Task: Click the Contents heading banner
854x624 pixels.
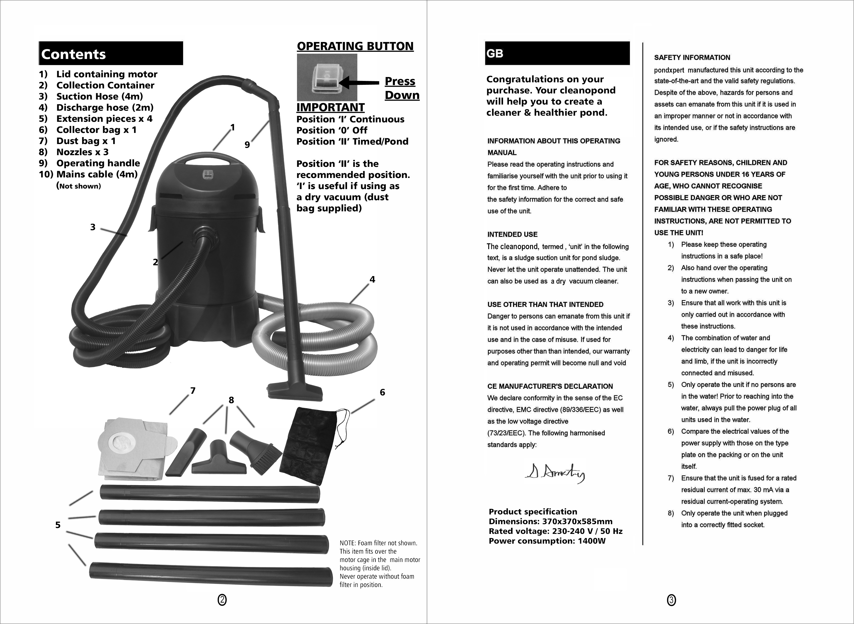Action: [x=111, y=54]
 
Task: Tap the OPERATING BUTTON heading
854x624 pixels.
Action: [x=355, y=46]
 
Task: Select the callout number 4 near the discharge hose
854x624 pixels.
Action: [x=372, y=279]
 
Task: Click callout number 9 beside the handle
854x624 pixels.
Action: [x=247, y=145]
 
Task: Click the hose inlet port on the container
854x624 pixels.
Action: [x=206, y=235]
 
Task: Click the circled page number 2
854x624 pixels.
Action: [x=222, y=600]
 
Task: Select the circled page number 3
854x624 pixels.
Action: [x=671, y=600]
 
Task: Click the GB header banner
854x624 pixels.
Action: [x=557, y=53]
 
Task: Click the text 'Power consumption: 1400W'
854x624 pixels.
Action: [x=547, y=541]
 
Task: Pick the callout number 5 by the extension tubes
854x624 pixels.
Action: [x=58, y=525]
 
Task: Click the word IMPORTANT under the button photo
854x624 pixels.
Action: [x=330, y=107]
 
